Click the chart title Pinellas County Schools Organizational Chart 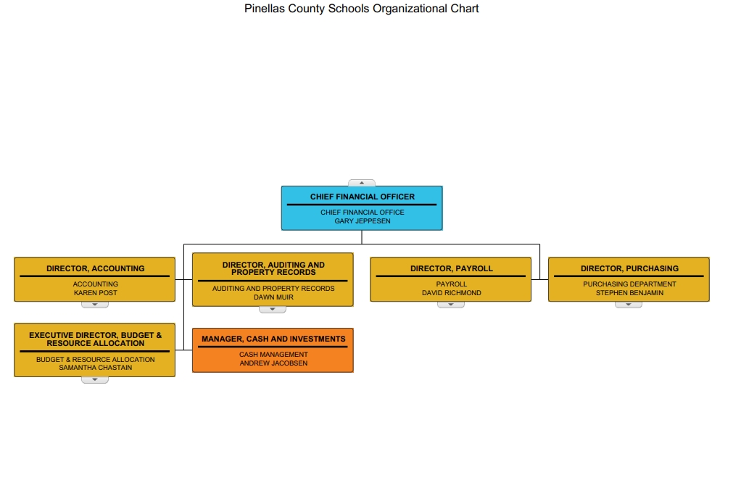point(362,9)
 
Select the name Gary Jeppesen point(363,221)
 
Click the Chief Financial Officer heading point(363,197)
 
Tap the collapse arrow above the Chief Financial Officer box point(362,183)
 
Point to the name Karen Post point(96,293)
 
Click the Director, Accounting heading point(96,268)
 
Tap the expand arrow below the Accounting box point(95,305)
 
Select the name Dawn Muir point(273,297)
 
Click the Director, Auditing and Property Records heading point(273,268)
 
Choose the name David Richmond point(451,293)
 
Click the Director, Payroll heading point(451,268)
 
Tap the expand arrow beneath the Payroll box point(451,305)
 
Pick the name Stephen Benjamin point(629,293)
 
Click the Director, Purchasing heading point(629,268)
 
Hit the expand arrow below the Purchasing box point(629,305)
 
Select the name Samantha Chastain point(96,368)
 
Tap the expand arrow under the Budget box point(95,380)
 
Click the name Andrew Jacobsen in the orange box point(273,363)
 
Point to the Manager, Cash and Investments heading point(273,339)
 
